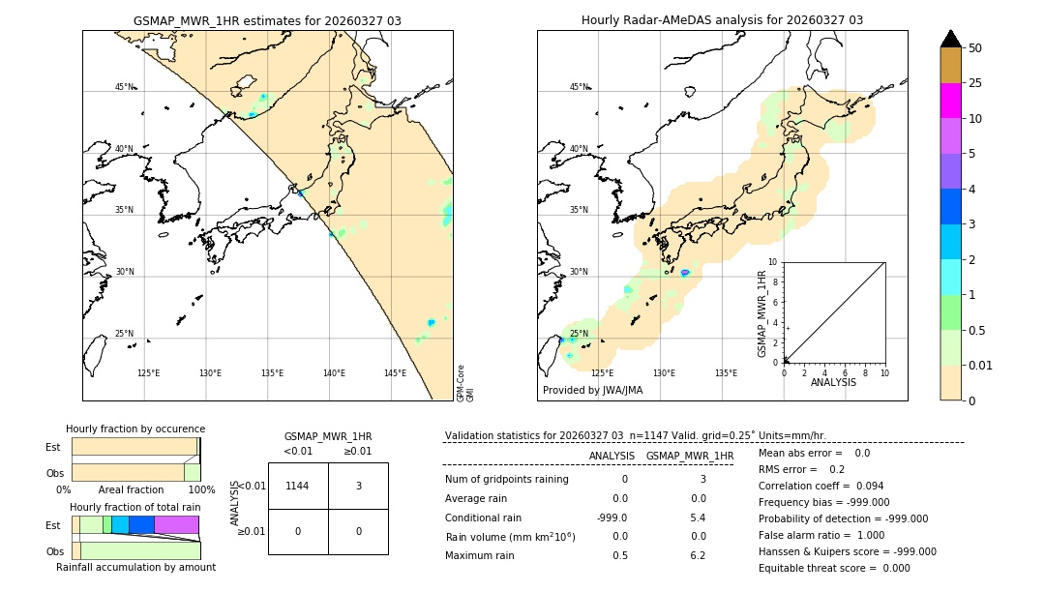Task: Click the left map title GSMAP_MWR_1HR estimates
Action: pos(267,20)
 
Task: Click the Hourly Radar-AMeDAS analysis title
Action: pos(722,20)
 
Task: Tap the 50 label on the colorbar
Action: pos(975,48)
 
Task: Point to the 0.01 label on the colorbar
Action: pos(981,365)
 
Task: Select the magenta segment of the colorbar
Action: pos(950,101)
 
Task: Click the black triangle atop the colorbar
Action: pos(950,39)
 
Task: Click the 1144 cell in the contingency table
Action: pos(298,486)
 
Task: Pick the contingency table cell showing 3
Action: pos(358,486)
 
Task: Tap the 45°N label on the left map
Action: pos(125,87)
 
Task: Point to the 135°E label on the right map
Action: pos(726,373)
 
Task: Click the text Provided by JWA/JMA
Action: pos(592,391)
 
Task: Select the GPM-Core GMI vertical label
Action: pos(465,383)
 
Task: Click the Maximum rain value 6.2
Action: pos(698,555)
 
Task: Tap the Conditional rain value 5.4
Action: pos(698,518)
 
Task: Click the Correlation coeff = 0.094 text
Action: pos(821,486)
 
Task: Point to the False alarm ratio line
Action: pos(821,535)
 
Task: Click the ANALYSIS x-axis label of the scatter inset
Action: pos(834,382)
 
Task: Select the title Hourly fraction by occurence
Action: pos(135,429)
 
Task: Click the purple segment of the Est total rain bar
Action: pos(176,524)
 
